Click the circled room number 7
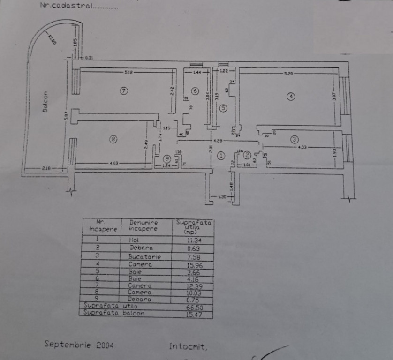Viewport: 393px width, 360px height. (x=124, y=90)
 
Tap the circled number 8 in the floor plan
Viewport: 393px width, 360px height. (x=113, y=138)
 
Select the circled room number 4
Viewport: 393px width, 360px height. (x=291, y=97)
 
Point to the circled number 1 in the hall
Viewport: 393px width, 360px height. (x=221, y=155)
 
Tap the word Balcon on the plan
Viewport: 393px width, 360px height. (x=45, y=101)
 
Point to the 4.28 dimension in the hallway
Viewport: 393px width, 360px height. (x=219, y=140)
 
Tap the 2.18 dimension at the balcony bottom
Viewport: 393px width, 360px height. (x=46, y=167)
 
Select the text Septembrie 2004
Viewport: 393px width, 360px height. (x=79, y=344)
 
